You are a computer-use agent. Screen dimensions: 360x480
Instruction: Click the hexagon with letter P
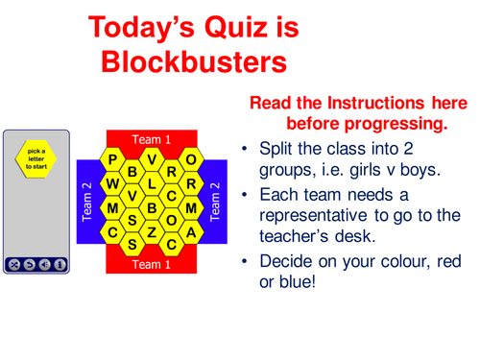[x=112, y=159]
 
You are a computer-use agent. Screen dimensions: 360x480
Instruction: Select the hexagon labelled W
[x=112, y=182]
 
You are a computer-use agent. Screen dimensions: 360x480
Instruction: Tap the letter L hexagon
[x=152, y=182]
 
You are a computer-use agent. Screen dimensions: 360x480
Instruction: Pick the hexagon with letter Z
[x=152, y=231]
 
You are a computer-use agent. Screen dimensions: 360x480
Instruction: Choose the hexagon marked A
[x=191, y=231]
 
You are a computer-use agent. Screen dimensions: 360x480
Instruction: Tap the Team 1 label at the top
[x=151, y=140]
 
